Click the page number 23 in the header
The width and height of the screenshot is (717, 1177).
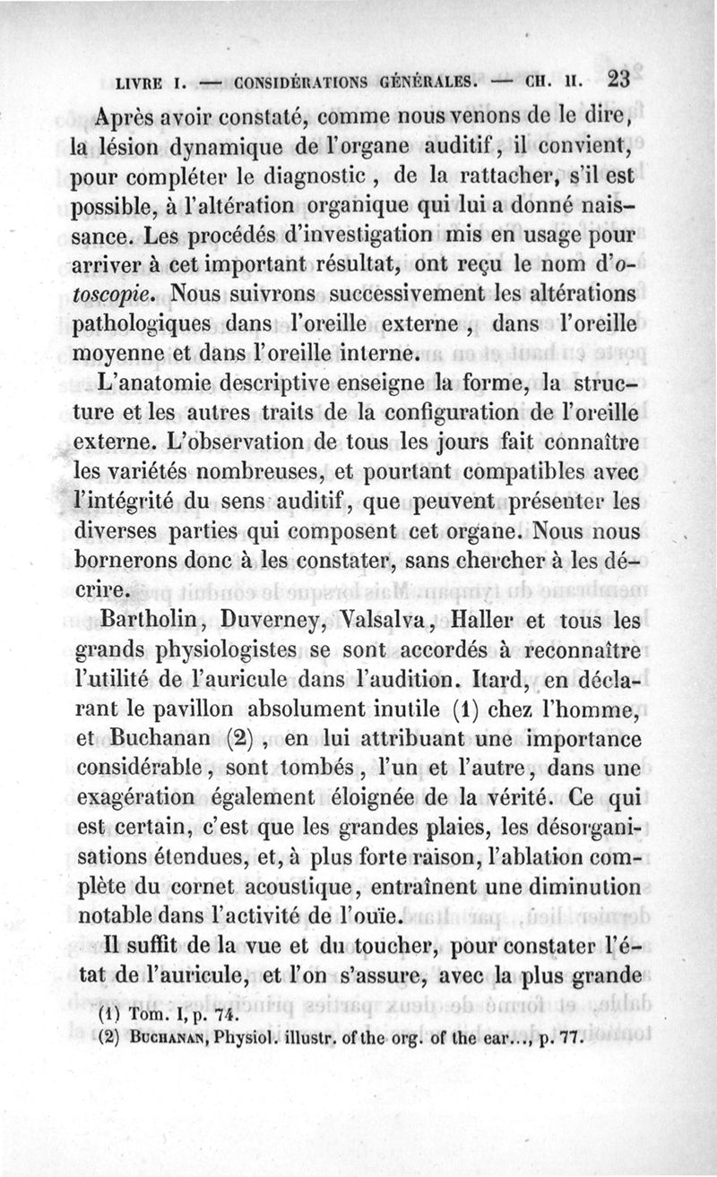(618, 79)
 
